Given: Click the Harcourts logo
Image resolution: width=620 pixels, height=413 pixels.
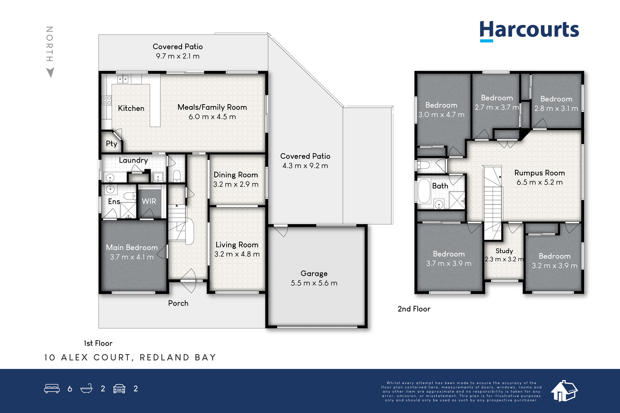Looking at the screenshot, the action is [529, 31].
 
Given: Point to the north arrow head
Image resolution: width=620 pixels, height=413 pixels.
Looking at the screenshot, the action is [50, 72].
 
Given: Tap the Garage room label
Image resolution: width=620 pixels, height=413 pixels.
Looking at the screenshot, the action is [314, 273].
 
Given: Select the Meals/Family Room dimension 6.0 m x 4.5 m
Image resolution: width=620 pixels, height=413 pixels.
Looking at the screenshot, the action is [212, 117].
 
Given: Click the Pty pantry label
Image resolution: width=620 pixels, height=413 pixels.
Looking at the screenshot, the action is [112, 144].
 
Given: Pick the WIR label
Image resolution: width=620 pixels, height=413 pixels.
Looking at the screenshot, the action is [149, 201].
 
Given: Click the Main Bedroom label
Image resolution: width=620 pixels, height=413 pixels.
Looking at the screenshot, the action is [132, 247].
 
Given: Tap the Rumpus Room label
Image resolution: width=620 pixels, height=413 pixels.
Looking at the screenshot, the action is [539, 173].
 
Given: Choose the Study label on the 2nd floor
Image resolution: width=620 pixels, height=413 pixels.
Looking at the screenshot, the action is [504, 251].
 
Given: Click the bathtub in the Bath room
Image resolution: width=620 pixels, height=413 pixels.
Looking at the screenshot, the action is [424, 191].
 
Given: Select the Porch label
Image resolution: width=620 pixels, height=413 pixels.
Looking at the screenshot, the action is [178, 303].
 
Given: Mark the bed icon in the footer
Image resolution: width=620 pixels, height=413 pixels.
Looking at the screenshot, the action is [52, 388].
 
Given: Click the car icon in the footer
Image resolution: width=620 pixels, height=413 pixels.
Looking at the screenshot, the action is [119, 388].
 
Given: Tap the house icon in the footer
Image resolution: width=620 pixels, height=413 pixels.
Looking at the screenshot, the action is [564, 391].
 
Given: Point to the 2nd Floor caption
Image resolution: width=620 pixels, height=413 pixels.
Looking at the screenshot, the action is [414, 309].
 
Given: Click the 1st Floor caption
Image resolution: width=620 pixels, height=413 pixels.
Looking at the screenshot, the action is [98, 343].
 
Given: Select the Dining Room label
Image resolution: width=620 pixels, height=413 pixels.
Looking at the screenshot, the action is [236, 175].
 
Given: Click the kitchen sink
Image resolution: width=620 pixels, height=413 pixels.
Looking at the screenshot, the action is [123, 79].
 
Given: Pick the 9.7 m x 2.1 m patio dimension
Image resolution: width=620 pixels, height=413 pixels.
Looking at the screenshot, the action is [178, 56].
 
